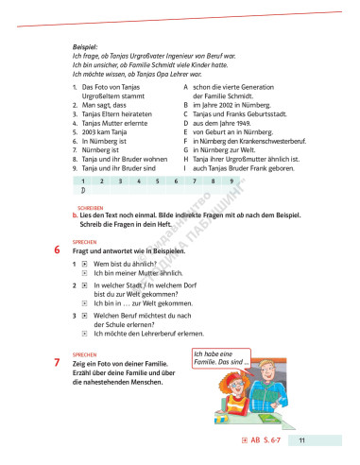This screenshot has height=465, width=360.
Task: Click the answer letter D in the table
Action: pyautogui.click(x=85, y=189)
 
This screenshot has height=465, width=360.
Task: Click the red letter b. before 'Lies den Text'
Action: pyautogui.click(x=75, y=215)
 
